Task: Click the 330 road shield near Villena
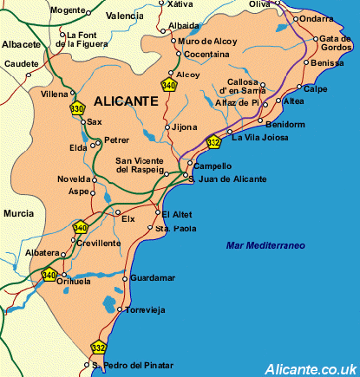tap(77, 109)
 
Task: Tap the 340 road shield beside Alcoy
tap(168, 84)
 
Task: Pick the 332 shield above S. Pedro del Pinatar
tap(98, 348)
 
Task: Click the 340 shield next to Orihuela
tap(49, 276)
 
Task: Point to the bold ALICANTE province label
tap(125, 101)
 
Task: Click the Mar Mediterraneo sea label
tap(265, 246)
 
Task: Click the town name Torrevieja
tap(145, 309)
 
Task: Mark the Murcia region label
tap(18, 212)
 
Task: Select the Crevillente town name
tap(98, 244)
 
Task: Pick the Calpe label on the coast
tap(317, 88)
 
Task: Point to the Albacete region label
tap(21, 43)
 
